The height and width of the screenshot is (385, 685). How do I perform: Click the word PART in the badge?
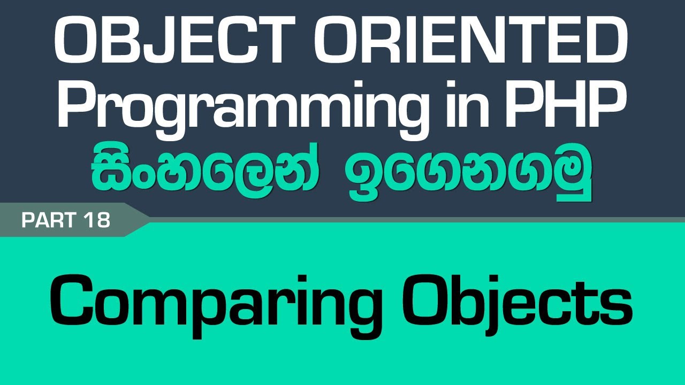click(x=49, y=220)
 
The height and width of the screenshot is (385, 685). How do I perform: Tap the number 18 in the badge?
click(x=96, y=220)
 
